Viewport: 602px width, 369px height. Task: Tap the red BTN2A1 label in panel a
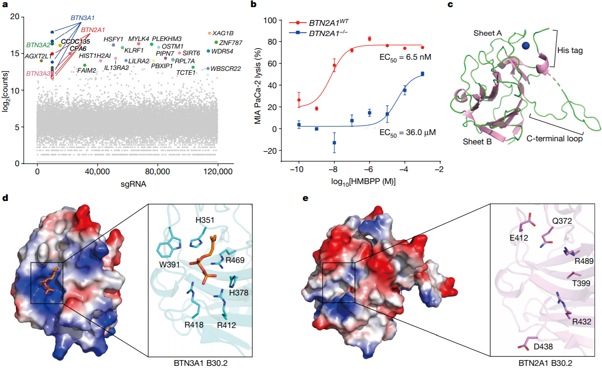point(93,30)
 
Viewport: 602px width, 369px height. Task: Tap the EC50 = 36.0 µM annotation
point(407,132)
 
